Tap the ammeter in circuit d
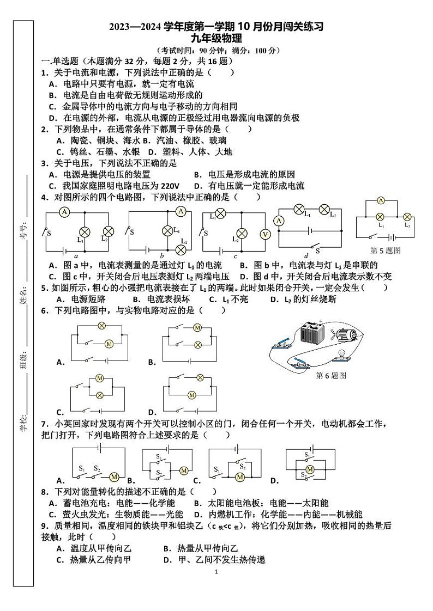point(279,221)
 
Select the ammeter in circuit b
point(182,211)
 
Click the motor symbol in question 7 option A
point(114,476)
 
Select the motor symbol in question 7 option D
point(310,469)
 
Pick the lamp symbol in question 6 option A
point(101,325)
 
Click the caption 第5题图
point(385,250)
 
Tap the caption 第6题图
point(331,375)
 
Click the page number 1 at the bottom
point(216,572)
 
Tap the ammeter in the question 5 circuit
point(381,200)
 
